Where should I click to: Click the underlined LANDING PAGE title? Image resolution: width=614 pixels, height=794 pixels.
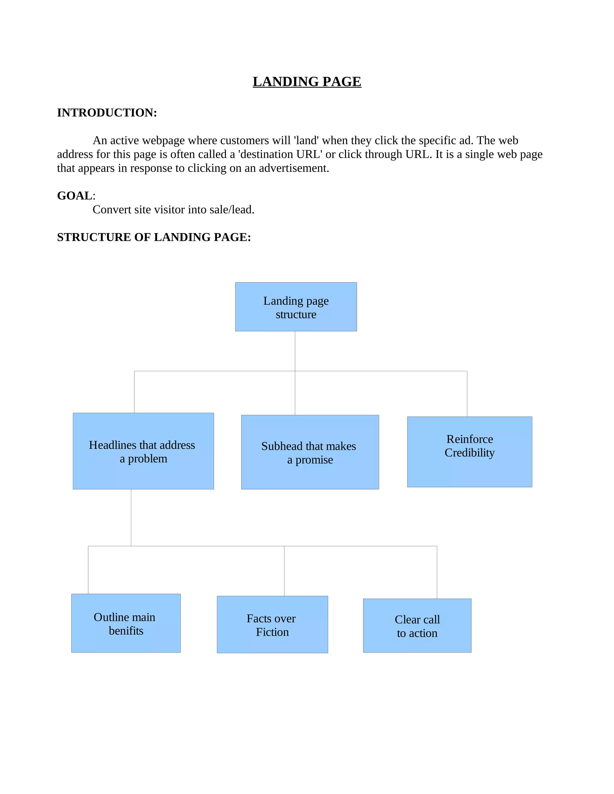[307, 81]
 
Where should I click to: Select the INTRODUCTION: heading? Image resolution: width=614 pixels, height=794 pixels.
[107, 113]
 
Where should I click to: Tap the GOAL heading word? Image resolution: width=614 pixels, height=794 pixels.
[75, 196]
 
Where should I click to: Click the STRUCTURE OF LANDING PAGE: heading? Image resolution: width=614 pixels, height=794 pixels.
[154, 237]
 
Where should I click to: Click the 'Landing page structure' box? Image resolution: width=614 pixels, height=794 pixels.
[296, 307]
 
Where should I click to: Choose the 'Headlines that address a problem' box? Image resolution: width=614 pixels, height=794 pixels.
[143, 451]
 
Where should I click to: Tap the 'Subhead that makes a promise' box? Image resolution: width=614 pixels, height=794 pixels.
[310, 452]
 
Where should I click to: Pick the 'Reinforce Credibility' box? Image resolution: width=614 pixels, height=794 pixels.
[469, 452]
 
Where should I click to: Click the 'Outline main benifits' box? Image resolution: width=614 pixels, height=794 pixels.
[126, 623]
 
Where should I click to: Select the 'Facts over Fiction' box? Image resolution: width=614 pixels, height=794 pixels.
[272, 625]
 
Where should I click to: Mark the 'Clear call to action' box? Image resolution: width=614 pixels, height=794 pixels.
[417, 626]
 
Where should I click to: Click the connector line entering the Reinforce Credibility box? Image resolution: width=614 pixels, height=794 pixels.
[467, 395]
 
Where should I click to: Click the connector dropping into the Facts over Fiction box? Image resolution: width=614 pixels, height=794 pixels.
[284, 571]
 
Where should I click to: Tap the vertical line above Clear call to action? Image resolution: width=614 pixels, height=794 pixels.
[437, 573]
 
